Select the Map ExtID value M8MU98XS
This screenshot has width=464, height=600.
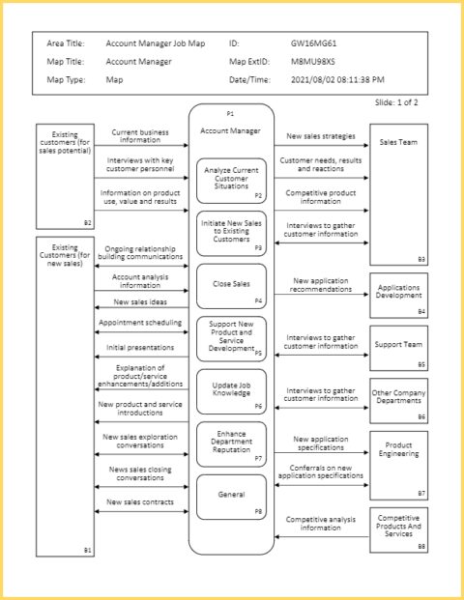(312, 62)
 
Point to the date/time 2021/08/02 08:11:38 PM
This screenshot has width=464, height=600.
(337, 80)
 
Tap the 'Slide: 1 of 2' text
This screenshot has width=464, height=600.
(398, 102)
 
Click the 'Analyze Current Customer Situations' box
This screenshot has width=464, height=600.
(231, 180)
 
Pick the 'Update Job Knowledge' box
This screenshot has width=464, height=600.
(231, 391)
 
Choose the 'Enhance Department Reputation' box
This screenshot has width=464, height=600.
(231, 443)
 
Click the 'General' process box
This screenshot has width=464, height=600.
(231, 496)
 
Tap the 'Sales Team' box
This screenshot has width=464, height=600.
(398, 193)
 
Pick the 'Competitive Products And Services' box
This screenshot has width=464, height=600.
(398, 529)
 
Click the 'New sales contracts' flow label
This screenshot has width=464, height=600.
(140, 502)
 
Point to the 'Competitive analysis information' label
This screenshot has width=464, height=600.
(322, 523)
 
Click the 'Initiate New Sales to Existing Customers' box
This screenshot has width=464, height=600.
(231, 233)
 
